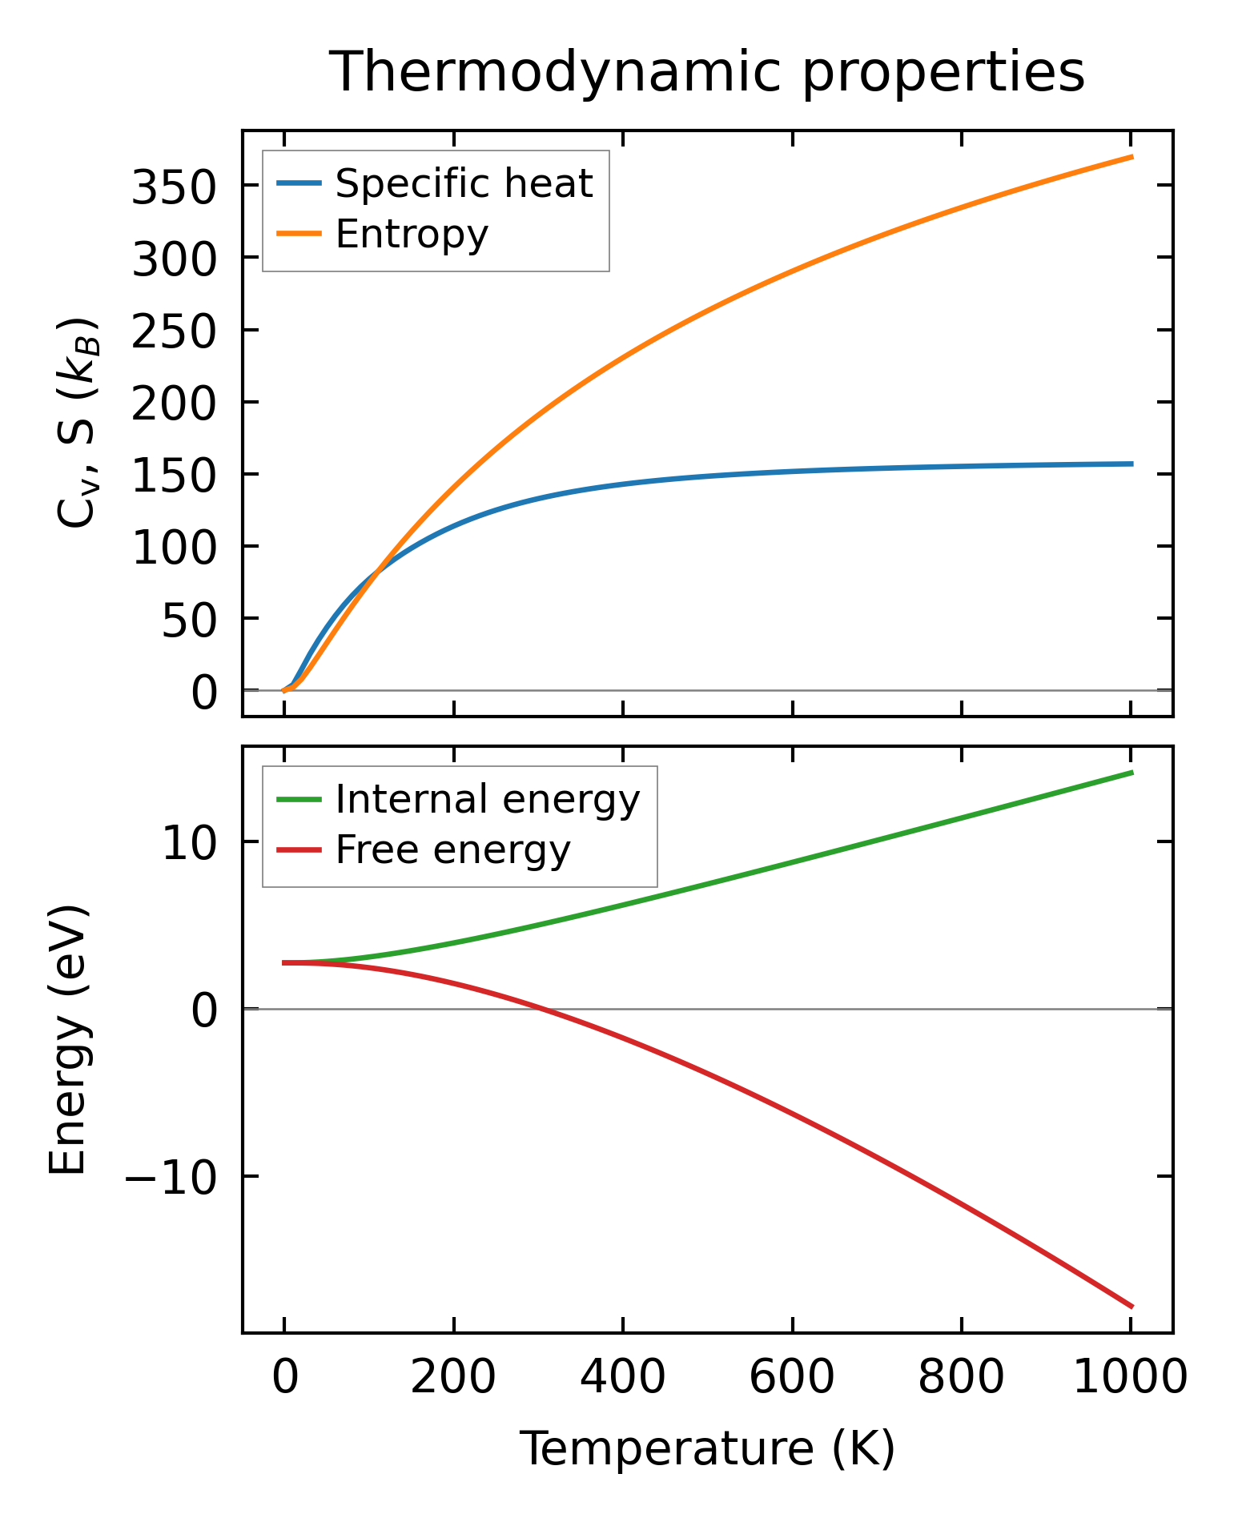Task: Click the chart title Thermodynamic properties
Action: tap(707, 72)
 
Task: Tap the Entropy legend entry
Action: tap(412, 234)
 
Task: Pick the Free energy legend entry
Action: tap(452, 849)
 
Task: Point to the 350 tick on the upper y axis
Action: tap(174, 189)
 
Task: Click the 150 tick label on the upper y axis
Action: tap(174, 478)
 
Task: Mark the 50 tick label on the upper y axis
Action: tap(189, 622)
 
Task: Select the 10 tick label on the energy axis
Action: tap(189, 845)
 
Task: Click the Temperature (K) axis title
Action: tap(707, 1449)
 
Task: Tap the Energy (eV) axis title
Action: tap(67, 1039)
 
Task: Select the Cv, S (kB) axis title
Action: tap(78, 423)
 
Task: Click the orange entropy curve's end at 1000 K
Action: tap(1131, 157)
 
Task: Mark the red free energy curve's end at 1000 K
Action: tap(1131, 1307)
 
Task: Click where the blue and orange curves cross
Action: tap(376, 570)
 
